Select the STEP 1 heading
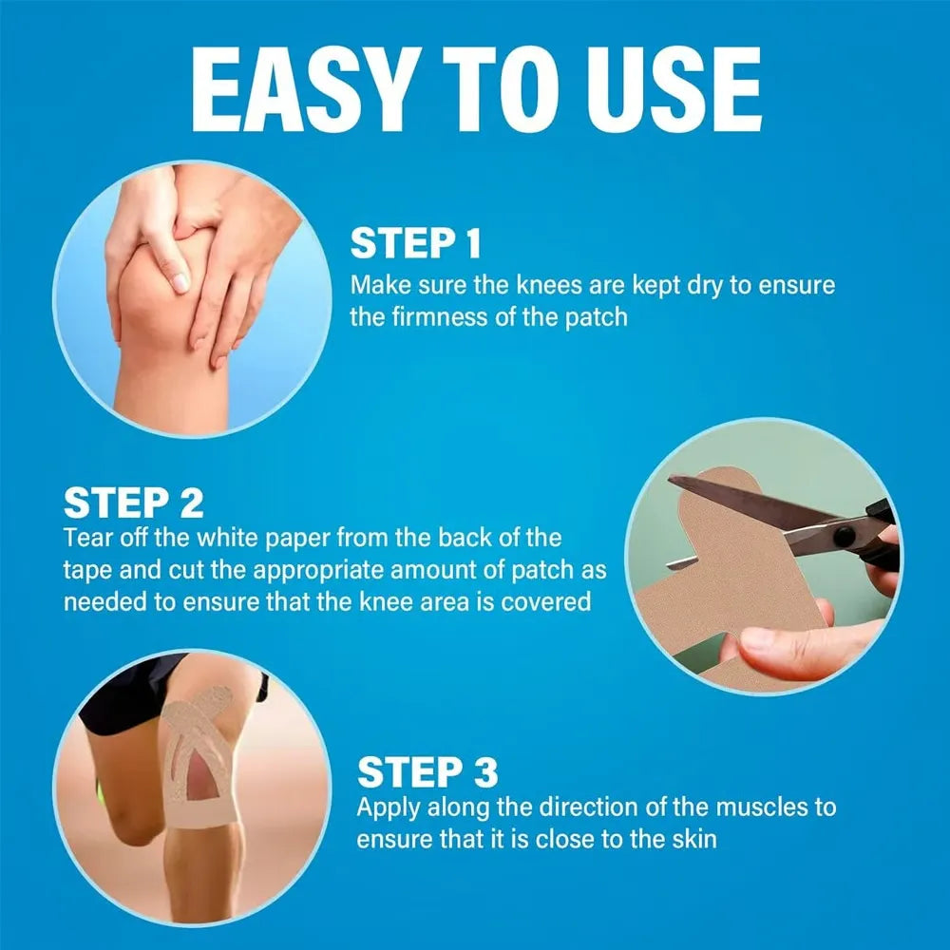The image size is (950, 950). pyautogui.click(x=416, y=244)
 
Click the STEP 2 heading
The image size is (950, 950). pyautogui.click(x=133, y=503)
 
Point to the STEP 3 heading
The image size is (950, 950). pyautogui.click(x=427, y=772)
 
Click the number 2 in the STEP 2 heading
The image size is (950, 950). pyautogui.click(x=188, y=503)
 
